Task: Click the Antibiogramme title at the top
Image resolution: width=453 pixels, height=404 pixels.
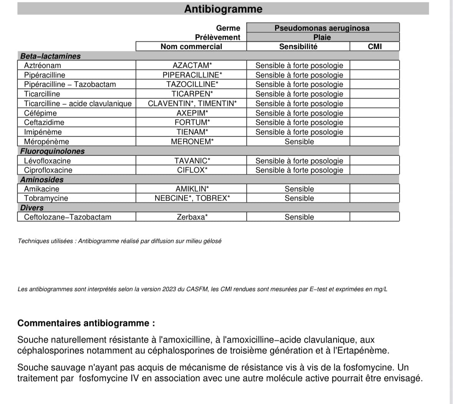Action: pyautogui.click(x=223, y=9)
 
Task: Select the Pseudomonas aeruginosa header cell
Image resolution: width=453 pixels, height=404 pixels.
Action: pyautogui.click(x=322, y=28)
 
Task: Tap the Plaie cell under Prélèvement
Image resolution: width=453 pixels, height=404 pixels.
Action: pyautogui.click(x=322, y=37)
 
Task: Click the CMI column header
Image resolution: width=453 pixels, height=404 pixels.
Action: pyautogui.click(x=375, y=47)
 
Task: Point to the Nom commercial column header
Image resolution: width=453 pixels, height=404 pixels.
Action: pyautogui.click(x=191, y=47)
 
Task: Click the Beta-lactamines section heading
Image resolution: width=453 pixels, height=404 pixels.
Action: pyautogui.click(x=50, y=56)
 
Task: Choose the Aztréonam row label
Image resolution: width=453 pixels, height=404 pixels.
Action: pyautogui.click(x=42, y=65)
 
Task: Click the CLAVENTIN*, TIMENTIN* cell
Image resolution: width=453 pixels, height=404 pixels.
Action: pyautogui.click(x=192, y=104)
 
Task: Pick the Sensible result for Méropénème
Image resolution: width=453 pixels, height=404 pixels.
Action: pyautogui.click(x=299, y=142)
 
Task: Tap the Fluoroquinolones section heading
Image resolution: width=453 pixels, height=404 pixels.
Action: pyautogui.click(x=52, y=151)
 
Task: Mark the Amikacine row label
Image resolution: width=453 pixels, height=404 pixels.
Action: pyautogui.click(x=41, y=189)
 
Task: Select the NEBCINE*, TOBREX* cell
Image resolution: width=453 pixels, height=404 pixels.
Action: pyautogui.click(x=192, y=198)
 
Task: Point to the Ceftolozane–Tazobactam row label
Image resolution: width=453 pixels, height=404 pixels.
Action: pyautogui.click(x=68, y=217)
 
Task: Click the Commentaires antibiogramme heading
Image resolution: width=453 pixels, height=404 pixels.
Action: pyautogui.click(x=86, y=323)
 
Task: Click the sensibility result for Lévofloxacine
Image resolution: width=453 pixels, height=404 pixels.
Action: pyautogui.click(x=299, y=161)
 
